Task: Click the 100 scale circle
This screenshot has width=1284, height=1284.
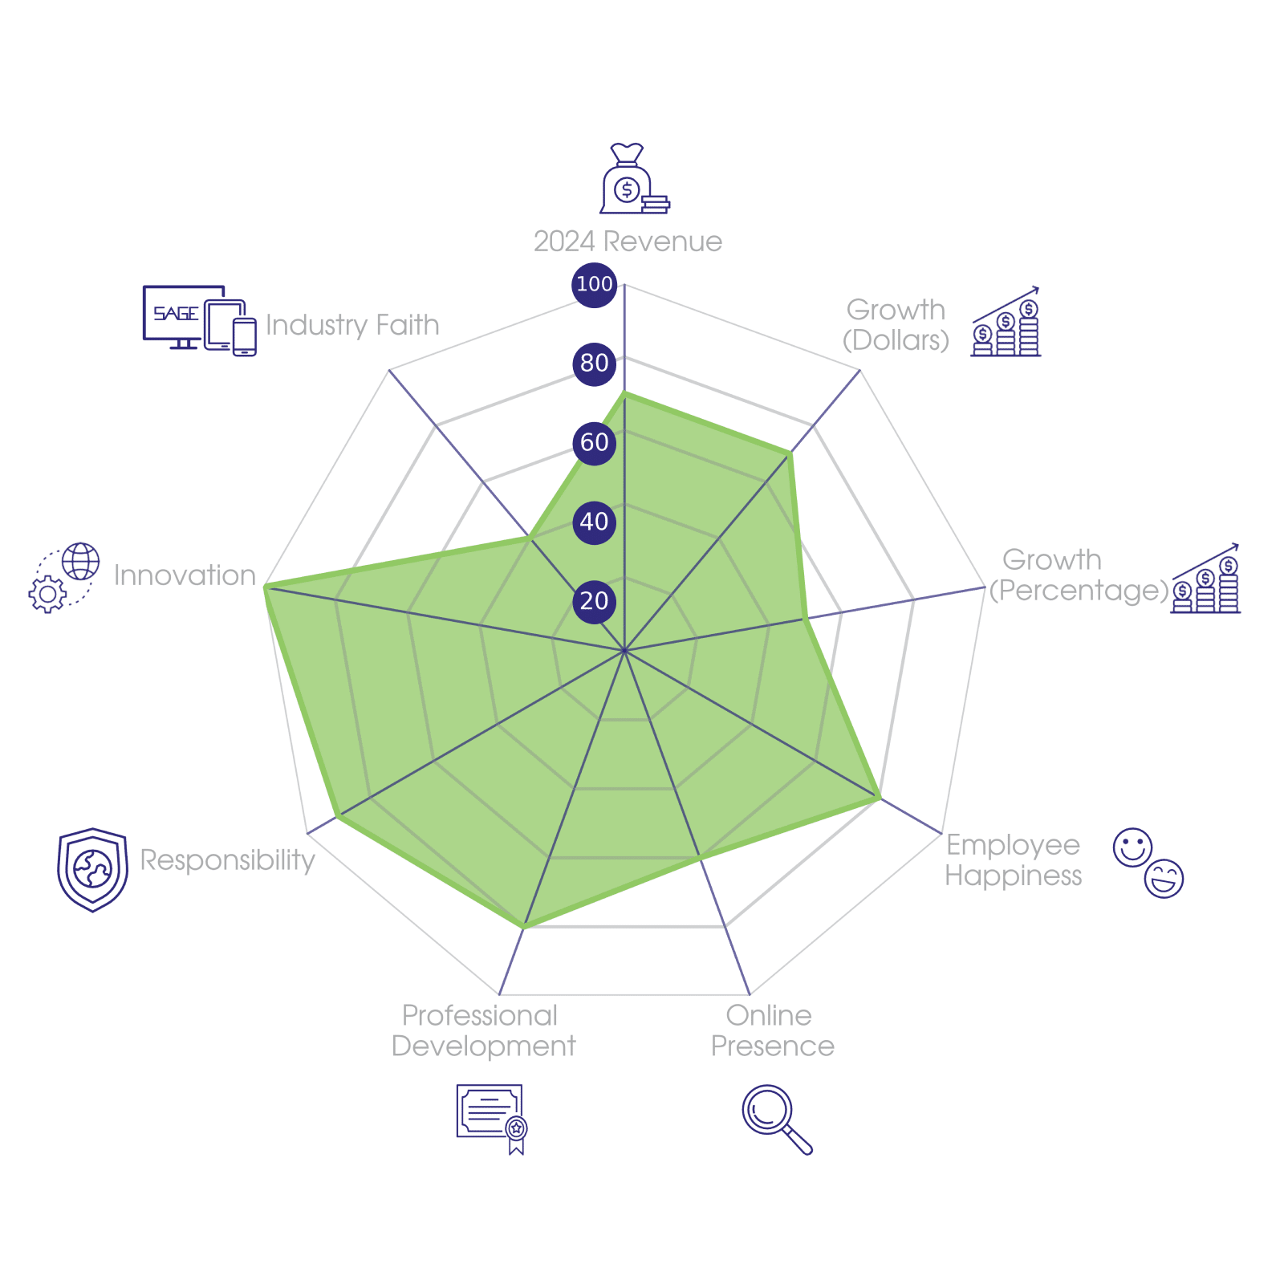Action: coord(594,284)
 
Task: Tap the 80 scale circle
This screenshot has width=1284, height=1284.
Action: coord(594,363)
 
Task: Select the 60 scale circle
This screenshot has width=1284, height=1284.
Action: coord(594,442)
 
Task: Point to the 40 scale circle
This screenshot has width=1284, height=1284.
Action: coord(594,522)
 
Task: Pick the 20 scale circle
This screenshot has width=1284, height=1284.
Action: coord(594,601)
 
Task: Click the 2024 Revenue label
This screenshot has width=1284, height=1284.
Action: coord(628,242)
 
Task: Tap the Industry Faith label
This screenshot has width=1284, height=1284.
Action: coord(352,325)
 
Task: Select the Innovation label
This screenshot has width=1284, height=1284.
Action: coord(185,575)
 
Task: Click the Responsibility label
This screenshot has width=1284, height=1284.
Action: coord(228,860)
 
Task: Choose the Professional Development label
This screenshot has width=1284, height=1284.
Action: coord(483,1031)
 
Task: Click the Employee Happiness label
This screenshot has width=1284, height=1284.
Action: coord(1014,860)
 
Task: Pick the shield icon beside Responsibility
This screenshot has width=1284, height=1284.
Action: coord(92,869)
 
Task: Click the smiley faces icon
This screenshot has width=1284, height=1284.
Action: coord(1148,862)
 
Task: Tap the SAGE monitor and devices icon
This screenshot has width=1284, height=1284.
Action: coord(199,319)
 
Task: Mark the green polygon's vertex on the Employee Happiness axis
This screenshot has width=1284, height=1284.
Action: coord(881,799)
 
